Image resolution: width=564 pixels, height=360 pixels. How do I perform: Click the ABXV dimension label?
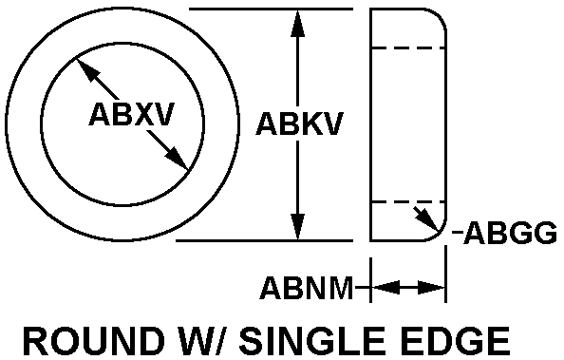point(132,114)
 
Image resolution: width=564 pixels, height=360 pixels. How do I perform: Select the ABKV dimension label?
point(300,124)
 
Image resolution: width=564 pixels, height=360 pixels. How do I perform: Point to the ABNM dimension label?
point(307,288)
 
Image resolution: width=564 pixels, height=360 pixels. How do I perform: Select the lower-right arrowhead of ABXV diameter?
point(177,159)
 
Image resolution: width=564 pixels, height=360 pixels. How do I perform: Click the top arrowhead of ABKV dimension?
point(297,23)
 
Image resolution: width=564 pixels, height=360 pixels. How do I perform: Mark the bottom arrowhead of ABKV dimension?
point(297,227)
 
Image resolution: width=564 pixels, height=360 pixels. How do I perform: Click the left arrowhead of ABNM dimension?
point(385,288)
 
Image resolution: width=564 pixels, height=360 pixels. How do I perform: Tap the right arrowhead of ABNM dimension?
point(432,288)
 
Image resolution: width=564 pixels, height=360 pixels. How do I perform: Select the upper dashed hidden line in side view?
point(408,47)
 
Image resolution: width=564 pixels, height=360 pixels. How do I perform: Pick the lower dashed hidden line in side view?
point(408,202)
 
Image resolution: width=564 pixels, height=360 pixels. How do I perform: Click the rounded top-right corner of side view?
point(440,15)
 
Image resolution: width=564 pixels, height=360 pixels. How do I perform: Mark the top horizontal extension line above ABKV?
point(271,9)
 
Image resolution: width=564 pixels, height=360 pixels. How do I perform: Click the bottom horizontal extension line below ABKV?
point(264,240)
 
